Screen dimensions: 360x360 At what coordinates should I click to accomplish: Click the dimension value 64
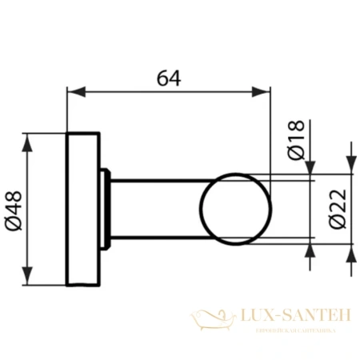pyautogui.click(x=167, y=78)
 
